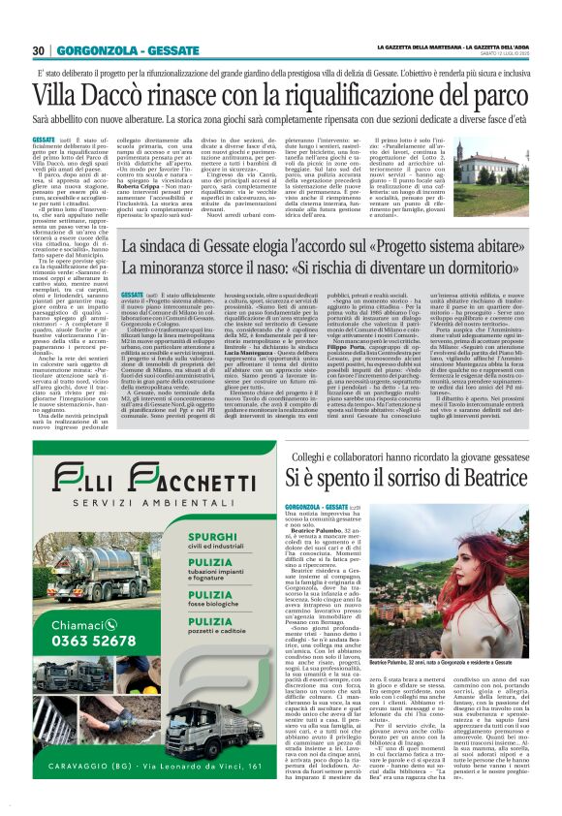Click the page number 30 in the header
pos(39,50)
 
